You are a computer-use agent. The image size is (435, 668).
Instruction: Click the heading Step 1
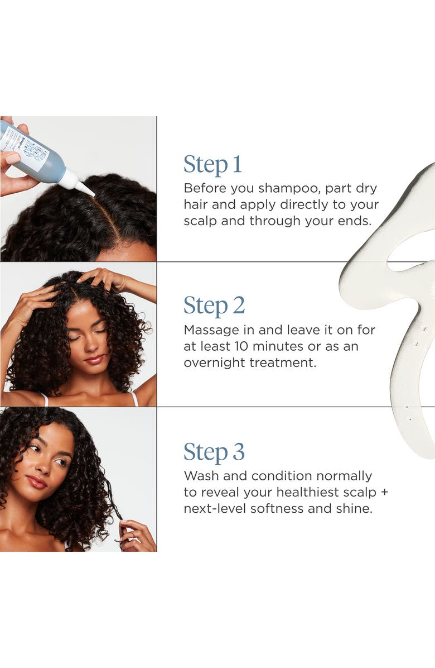(213, 165)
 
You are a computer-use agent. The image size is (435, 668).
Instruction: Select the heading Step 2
(214, 306)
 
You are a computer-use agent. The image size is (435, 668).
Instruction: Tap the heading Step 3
(214, 452)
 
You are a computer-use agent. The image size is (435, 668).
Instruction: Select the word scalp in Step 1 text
(200, 221)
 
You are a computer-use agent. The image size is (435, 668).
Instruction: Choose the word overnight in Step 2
(212, 362)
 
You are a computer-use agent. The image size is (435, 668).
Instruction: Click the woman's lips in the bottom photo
(37, 481)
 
